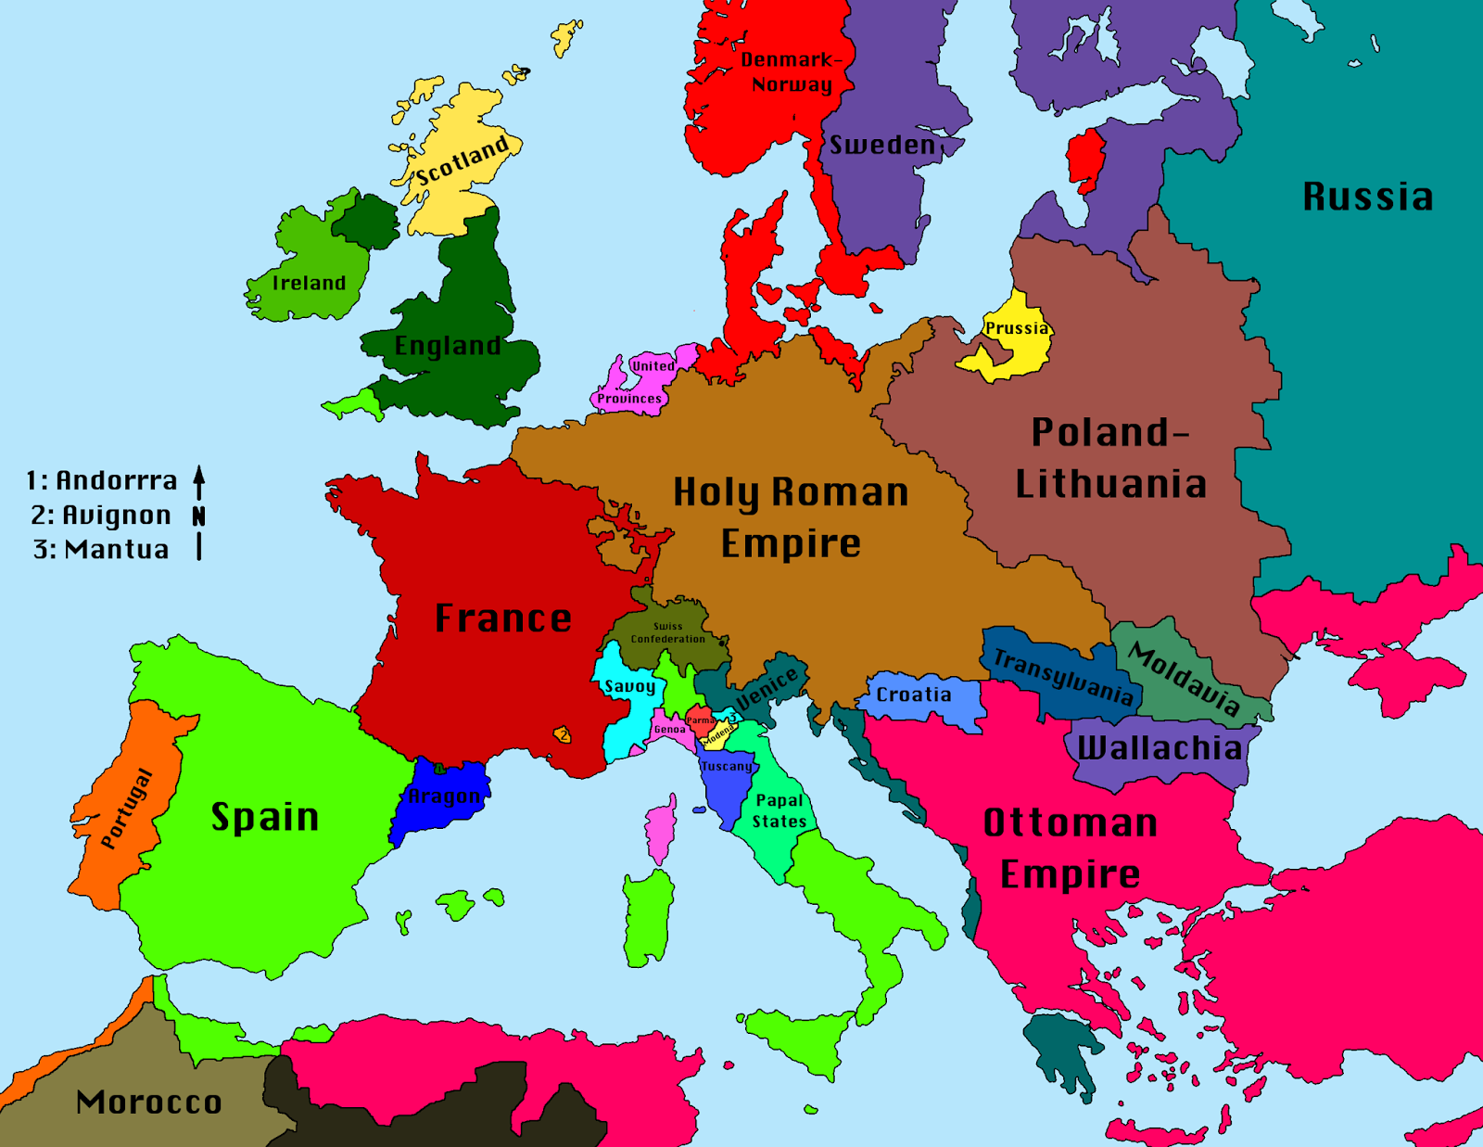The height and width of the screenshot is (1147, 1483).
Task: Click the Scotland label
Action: tap(463, 160)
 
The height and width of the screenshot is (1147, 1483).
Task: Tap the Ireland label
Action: tap(309, 283)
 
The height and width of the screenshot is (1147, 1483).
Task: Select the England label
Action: tap(448, 346)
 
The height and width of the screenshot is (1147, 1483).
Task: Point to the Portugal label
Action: tap(126, 808)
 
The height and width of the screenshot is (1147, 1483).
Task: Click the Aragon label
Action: tap(444, 796)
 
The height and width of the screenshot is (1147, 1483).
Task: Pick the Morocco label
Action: tap(149, 1102)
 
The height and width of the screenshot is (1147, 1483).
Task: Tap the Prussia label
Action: tap(1017, 328)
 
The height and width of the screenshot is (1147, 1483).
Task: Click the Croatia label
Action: tap(914, 695)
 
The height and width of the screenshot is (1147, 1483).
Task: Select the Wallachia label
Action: tap(1160, 747)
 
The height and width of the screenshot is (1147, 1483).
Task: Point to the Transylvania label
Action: tap(1063, 676)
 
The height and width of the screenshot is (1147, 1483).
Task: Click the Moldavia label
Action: tap(1185, 680)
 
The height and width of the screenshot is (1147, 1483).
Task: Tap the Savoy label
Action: tap(630, 686)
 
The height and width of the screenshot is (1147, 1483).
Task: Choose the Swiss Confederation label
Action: tap(667, 632)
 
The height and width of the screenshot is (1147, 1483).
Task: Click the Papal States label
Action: tap(780, 810)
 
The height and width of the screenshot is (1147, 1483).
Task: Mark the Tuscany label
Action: tap(727, 766)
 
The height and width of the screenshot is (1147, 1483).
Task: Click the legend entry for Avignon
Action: tap(101, 515)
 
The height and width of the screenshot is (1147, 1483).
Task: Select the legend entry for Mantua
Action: tap(101, 549)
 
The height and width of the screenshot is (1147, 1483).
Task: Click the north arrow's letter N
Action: tap(198, 516)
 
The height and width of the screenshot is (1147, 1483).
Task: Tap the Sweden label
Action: tap(882, 145)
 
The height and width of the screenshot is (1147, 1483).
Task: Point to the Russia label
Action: tap(1368, 197)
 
